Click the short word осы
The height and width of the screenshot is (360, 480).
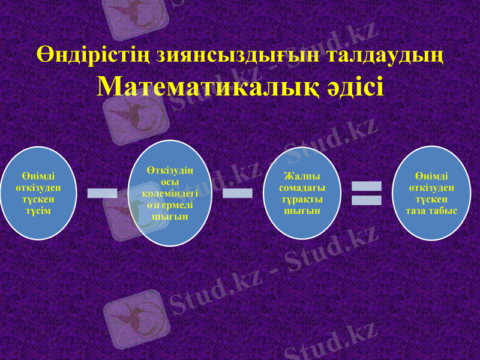[170, 182]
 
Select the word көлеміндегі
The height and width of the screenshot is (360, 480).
[170, 194]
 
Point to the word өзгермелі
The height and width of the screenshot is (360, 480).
[170, 205]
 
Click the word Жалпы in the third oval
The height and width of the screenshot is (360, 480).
[298, 176]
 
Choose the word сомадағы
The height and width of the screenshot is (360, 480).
[298, 188]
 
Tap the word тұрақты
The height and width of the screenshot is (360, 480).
[298, 199]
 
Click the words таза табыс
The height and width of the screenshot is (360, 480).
[431, 211]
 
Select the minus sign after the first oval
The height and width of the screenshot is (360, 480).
[102, 193]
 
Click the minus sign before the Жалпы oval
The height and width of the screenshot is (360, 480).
[238, 193]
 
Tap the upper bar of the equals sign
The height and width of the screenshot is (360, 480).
[366, 186]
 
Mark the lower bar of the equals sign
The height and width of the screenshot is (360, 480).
[366, 200]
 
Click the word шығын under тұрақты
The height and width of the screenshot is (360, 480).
[298, 211]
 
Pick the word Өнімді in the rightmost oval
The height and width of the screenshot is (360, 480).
[431, 176]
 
